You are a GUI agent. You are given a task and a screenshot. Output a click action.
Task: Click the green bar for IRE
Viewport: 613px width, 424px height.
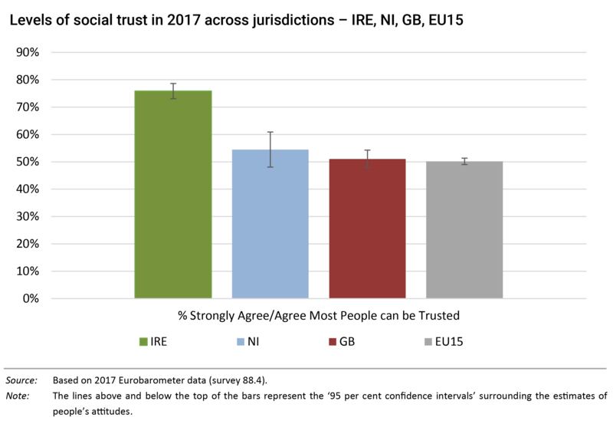pos(173,195)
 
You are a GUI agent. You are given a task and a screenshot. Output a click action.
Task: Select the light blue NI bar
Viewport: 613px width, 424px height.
pos(270,224)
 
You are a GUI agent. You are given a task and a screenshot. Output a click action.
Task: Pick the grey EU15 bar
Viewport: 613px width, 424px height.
pos(464,230)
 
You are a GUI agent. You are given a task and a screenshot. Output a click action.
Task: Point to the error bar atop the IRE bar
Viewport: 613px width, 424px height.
pos(173,90)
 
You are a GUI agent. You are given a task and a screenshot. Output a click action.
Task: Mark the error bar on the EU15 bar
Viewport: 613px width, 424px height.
pos(464,161)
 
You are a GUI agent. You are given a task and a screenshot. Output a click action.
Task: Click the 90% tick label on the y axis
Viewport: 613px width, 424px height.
pos(28,52)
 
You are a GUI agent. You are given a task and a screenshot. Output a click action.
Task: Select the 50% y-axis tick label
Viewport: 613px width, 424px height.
pos(28,162)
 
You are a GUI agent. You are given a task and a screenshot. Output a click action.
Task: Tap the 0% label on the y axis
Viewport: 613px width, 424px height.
pos(31,298)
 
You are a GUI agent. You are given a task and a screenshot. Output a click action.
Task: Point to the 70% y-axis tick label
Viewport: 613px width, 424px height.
pos(28,107)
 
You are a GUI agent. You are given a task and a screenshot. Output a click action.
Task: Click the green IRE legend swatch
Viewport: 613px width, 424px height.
pos(143,341)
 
